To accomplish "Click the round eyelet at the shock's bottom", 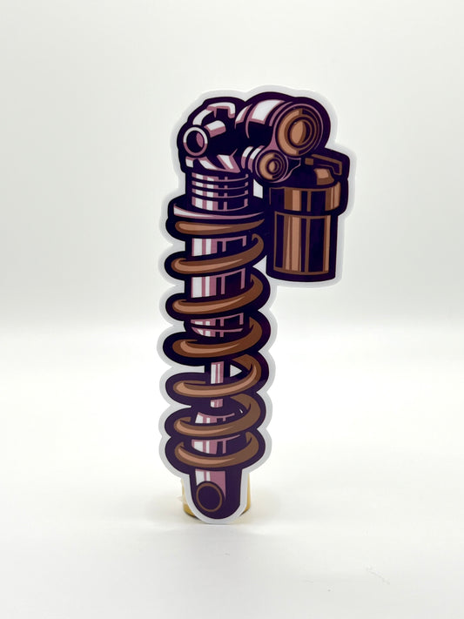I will (x=209, y=497).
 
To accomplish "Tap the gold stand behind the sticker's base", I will (x=233, y=503).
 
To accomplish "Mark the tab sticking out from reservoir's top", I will (x=339, y=165).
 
